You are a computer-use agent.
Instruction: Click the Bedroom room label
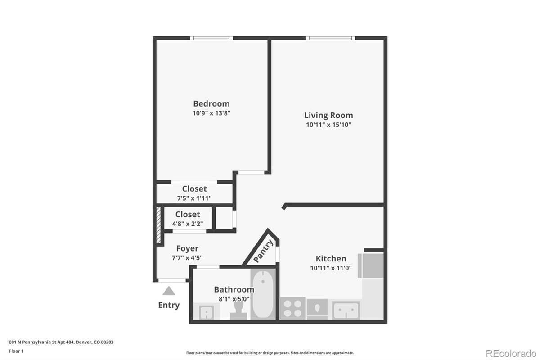click(x=211, y=103)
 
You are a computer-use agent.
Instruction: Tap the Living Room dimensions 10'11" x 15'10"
click(x=328, y=125)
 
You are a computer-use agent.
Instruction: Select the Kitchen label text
click(x=331, y=258)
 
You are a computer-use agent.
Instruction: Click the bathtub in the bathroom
click(x=263, y=295)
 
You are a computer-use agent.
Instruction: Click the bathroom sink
click(x=206, y=311)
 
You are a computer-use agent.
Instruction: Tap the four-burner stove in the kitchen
click(x=292, y=309)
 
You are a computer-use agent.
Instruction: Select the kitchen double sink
click(x=346, y=310)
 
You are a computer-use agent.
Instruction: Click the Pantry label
click(x=263, y=251)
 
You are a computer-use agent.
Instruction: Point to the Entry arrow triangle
click(x=169, y=291)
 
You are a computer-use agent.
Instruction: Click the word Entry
click(x=169, y=305)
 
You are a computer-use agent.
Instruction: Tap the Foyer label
click(x=187, y=248)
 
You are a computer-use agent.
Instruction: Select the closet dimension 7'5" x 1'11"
click(x=194, y=198)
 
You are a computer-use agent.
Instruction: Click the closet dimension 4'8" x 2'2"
click(x=188, y=224)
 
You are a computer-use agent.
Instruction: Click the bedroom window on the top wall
click(x=211, y=38)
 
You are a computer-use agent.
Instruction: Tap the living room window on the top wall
click(x=330, y=38)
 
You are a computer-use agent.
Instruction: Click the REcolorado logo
click(x=510, y=352)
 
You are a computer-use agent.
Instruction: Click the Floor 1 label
click(x=17, y=351)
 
